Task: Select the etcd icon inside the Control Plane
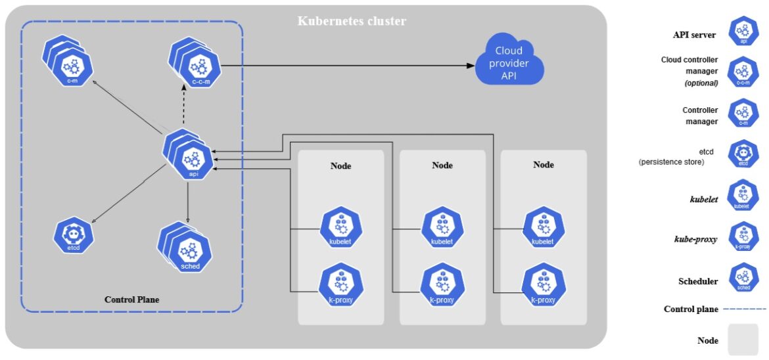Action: tap(74, 235)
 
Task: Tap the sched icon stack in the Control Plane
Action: tap(188, 250)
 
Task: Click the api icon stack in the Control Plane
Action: tap(192, 158)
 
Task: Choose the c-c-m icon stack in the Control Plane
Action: tap(197, 66)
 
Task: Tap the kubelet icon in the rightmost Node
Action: tap(543, 227)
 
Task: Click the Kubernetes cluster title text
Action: tap(352, 21)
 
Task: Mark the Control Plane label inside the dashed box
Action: tap(131, 300)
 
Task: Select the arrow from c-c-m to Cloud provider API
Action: tap(348, 66)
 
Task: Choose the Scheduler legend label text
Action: tap(698, 281)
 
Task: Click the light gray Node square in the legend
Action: tap(743, 340)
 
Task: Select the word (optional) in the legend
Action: tap(701, 83)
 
